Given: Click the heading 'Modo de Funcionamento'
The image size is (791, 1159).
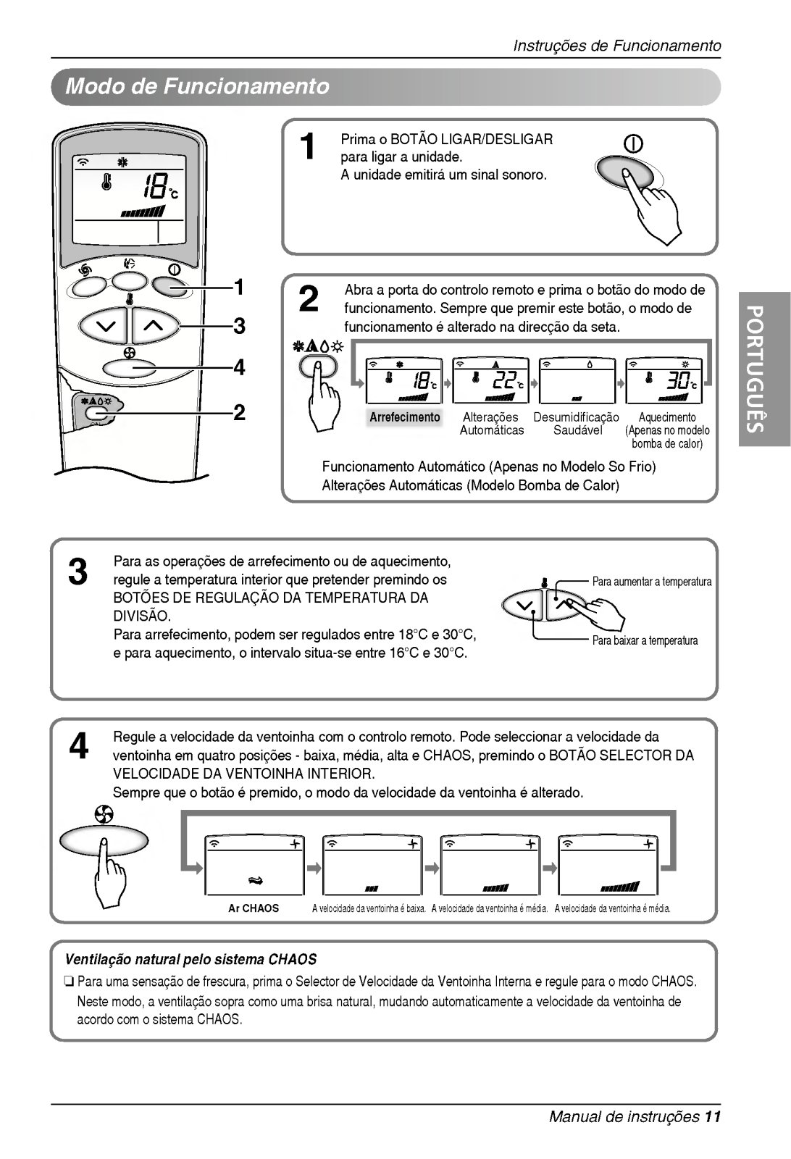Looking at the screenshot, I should pyautogui.click(x=197, y=87).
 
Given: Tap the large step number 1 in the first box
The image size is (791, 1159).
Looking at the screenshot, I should pyautogui.click(x=308, y=147).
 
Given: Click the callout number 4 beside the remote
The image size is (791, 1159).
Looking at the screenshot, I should pyautogui.click(x=238, y=368).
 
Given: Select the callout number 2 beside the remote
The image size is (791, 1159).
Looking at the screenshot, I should pyautogui.click(x=238, y=413).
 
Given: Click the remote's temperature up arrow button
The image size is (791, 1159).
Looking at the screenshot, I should pyautogui.click(x=154, y=326).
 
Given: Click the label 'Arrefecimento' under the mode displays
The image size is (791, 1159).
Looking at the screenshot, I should pyautogui.click(x=404, y=417).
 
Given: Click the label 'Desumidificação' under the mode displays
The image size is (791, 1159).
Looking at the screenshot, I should pyautogui.click(x=577, y=417).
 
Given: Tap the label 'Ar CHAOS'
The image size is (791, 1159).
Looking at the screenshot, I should pyautogui.click(x=254, y=908).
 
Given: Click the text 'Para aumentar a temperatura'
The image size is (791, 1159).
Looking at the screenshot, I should pyautogui.click(x=652, y=582).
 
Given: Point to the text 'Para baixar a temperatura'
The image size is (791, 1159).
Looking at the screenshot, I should pyautogui.click(x=645, y=640).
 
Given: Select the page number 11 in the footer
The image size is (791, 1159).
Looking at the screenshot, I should pyautogui.click(x=713, y=1116).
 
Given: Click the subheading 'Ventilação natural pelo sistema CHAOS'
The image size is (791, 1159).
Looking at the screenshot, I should pyautogui.click(x=191, y=960).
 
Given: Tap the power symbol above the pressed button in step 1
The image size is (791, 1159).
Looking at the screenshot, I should pyautogui.click(x=634, y=144).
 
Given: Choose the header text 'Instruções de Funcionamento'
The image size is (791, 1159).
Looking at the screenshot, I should pyautogui.click(x=617, y=46).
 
